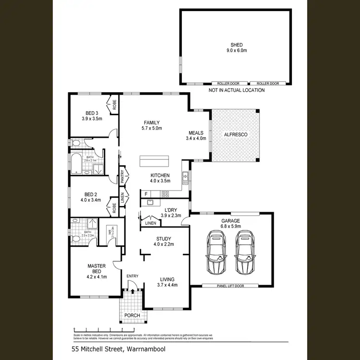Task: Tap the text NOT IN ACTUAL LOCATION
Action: (x=236, y=90)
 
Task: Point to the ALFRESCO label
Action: (x=236, y=135)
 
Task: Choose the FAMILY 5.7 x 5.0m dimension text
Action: (x=152, y=129)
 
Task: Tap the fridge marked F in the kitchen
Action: (x=145, y=194)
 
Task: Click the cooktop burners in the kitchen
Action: (x=165, y=194)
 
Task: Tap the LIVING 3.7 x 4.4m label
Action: (x=167, y=282)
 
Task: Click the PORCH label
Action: (x=132, y=315)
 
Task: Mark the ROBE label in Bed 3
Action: (x=115, y=105)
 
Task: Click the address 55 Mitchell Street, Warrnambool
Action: (x=118, y=349)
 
